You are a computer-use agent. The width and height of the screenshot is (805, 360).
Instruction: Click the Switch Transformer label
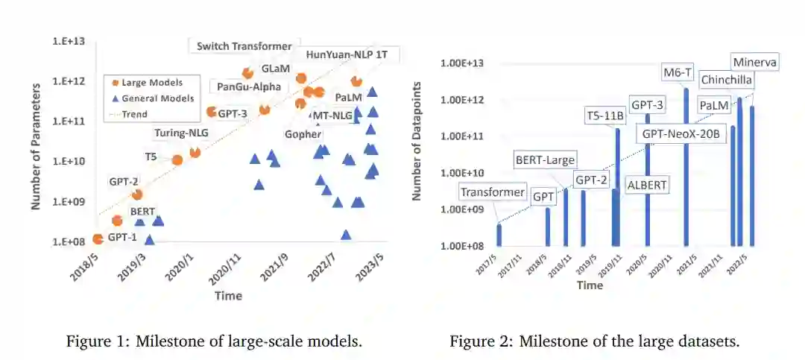(x=244, y=46)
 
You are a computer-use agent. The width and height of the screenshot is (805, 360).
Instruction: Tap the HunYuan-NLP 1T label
(x=353, y=54)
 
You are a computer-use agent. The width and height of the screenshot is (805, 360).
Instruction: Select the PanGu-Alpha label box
(x=249, y=86)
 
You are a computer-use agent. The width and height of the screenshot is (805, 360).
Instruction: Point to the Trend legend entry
(x=133, y=114)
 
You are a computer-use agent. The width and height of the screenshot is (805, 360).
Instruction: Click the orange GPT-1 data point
(x=98, y=239)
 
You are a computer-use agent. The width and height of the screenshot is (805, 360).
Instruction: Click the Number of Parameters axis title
(x=35, y=142)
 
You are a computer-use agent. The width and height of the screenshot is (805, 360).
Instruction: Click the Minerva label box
(x=754, y=63)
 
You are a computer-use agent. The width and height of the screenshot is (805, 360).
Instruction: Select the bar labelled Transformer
(x=499, y=234)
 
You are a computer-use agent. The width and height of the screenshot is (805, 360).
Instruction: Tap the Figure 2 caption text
(x=593, y=341)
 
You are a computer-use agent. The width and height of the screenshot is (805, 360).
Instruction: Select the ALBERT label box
(x=647, y=184)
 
